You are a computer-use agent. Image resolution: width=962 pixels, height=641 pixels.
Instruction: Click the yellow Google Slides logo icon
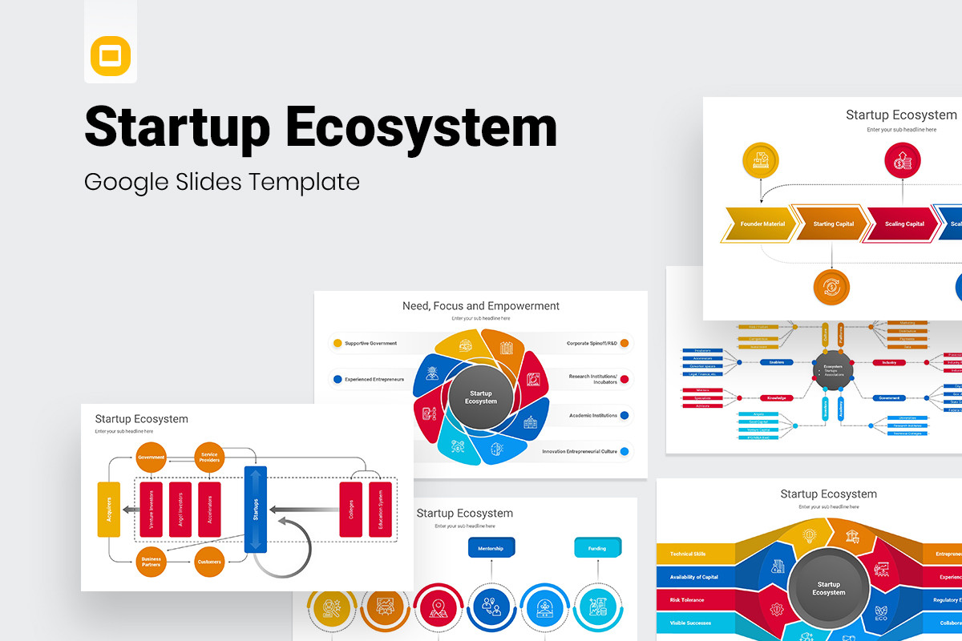tap(111, 56)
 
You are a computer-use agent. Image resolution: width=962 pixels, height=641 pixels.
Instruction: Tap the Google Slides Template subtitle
tap(222, 182)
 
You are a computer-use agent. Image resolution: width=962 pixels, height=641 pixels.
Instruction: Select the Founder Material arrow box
tap(762, 224)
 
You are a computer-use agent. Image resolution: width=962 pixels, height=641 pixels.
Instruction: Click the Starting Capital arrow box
tap(833, 224)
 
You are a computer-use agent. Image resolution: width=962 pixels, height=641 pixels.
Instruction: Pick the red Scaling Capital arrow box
tap(903, 224)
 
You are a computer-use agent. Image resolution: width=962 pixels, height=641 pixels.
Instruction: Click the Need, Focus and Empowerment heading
tap(480, 306)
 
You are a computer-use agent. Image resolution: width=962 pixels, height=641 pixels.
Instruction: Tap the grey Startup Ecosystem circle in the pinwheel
tap(480, 397)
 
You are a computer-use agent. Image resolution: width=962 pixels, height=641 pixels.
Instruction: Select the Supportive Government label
tap(370, 343)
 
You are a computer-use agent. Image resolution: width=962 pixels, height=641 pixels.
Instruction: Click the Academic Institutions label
tap(593, 415)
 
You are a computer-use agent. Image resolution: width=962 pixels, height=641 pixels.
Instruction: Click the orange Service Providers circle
tap(209, 457)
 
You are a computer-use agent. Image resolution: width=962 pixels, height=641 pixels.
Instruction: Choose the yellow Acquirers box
tap(108, 510)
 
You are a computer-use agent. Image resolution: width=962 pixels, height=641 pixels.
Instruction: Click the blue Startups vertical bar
tap(255, 510)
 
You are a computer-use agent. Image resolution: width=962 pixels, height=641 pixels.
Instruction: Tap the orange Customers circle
tap(209, 562)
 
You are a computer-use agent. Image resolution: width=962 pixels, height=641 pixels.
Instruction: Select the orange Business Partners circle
tap(151, 562)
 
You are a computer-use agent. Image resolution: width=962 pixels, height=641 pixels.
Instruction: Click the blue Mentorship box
tap(491, 548)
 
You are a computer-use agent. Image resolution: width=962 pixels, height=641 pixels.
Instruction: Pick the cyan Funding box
tap(597, 548)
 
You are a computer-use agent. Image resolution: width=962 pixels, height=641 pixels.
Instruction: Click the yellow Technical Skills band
tap(694, 554)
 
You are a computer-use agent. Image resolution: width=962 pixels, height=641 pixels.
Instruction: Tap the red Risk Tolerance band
tap(693, 599)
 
